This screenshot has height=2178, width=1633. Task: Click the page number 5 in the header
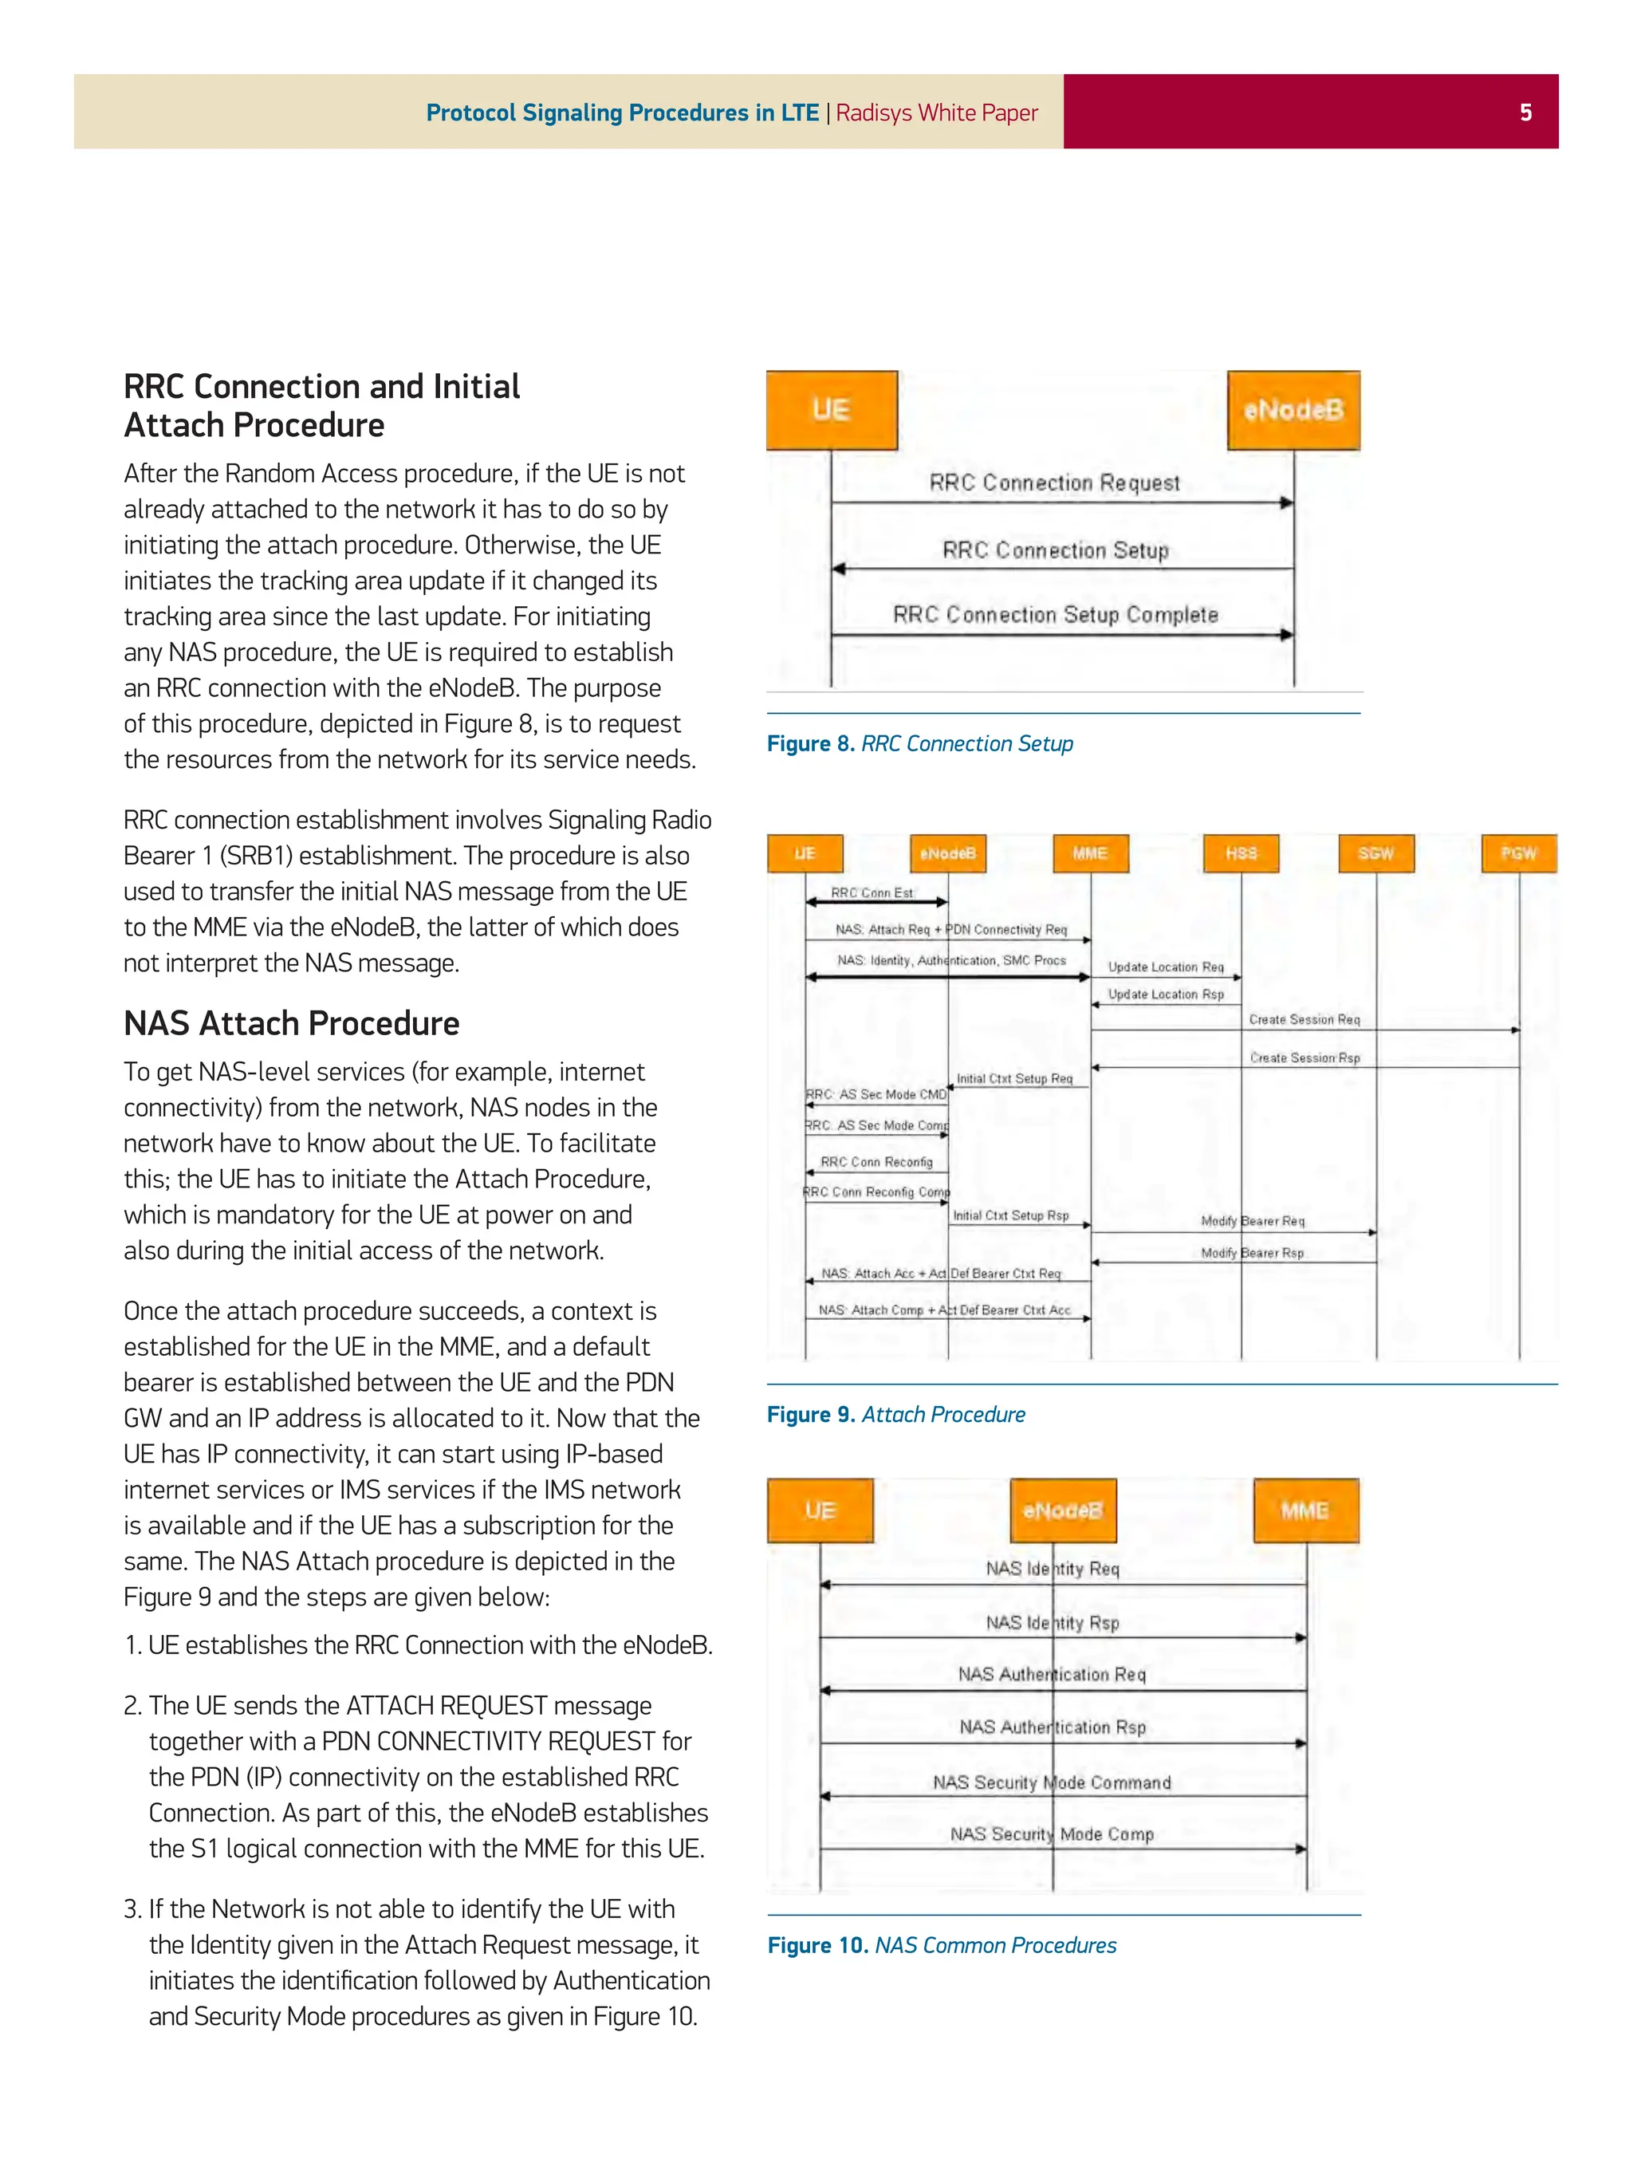pos(1525,112)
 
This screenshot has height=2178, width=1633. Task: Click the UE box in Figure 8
pos(831,410)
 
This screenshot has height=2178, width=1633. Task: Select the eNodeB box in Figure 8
pos(1293,410)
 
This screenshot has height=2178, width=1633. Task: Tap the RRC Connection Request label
pos(1053,482)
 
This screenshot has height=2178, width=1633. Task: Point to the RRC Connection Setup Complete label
pos(1054,614)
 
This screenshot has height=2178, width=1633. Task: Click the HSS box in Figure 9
pos(1240,853)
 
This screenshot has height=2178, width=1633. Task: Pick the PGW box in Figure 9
pos(1518,853)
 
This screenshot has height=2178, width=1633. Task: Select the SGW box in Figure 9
pos(1375,853)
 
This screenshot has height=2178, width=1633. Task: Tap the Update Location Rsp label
pos(1166,994)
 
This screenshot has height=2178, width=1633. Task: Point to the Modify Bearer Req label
pos(1252,1221)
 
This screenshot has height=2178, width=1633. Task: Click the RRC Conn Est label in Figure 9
pos(872,892)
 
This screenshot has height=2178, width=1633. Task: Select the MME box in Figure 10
pos(1304,1510)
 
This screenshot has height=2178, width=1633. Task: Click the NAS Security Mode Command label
pos(1051,1782)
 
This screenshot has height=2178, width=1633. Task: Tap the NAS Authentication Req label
pos(1051,1674)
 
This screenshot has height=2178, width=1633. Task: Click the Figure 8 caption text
pos(919,743)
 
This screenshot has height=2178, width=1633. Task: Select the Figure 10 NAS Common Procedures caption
pos(941,1944)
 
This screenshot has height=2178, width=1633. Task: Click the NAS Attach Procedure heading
pos(291,1023)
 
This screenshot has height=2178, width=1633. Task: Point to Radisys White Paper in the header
pos(936,112)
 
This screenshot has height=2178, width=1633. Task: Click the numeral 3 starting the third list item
pos(132,1909)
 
